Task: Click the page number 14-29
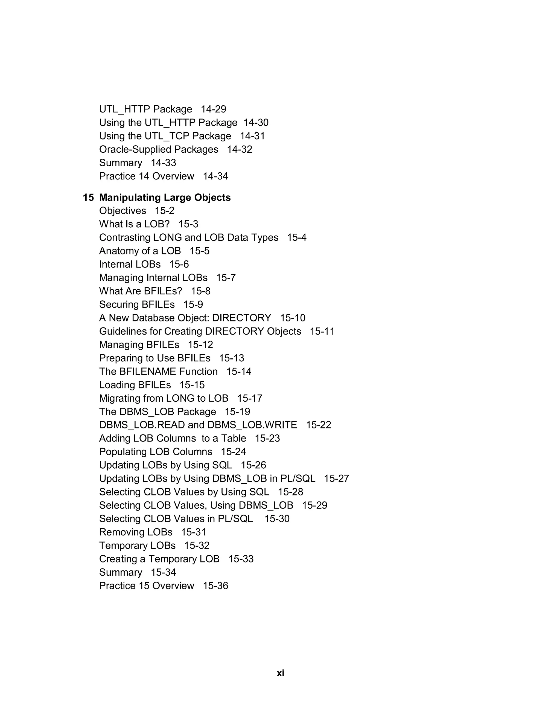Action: pos(213,109)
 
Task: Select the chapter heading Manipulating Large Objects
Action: pos(165,198)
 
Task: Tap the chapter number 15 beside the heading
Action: pos(88,198)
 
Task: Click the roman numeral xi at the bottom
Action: pos(280,673)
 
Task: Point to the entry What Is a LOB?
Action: pos(134,224)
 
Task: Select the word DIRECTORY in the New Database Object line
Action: pos(241,318)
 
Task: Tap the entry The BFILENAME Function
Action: pos(158,372)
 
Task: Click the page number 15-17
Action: pos(249,398)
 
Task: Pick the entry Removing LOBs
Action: pos(136,532)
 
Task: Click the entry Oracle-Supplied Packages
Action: pos(159,149)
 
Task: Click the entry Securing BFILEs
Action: pos(137,304)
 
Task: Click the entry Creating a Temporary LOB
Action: pos(159,559)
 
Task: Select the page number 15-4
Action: pos(297,238)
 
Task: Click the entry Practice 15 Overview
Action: pos(146,585)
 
